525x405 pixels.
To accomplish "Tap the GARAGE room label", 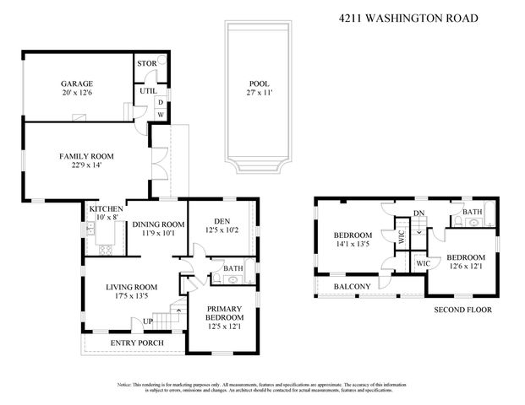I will click(76, 84).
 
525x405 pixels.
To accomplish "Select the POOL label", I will click(258, 83).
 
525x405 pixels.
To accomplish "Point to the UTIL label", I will click(149, 91).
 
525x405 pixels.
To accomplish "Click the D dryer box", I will click(160, 103).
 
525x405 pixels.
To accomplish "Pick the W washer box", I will click(160, 116).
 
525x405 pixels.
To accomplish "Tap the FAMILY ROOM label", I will click(85, 156).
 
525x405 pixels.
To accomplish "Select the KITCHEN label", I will click(107, 208).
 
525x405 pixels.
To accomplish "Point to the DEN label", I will click(218, 219).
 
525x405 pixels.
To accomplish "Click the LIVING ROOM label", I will click(132, 286).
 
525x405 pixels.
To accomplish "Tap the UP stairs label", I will click(147, 321).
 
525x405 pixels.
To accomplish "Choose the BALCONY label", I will click(352, 287).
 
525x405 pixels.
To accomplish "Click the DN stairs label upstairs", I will click(418, 213).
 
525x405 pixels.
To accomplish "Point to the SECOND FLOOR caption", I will click(462, 310).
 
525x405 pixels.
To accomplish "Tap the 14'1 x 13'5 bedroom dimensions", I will click(352, 245).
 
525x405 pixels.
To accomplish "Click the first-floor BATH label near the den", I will click(233, 269).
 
